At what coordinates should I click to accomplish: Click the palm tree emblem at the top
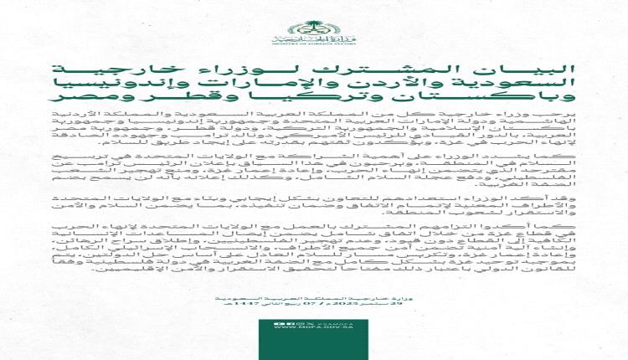(313, 16)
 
